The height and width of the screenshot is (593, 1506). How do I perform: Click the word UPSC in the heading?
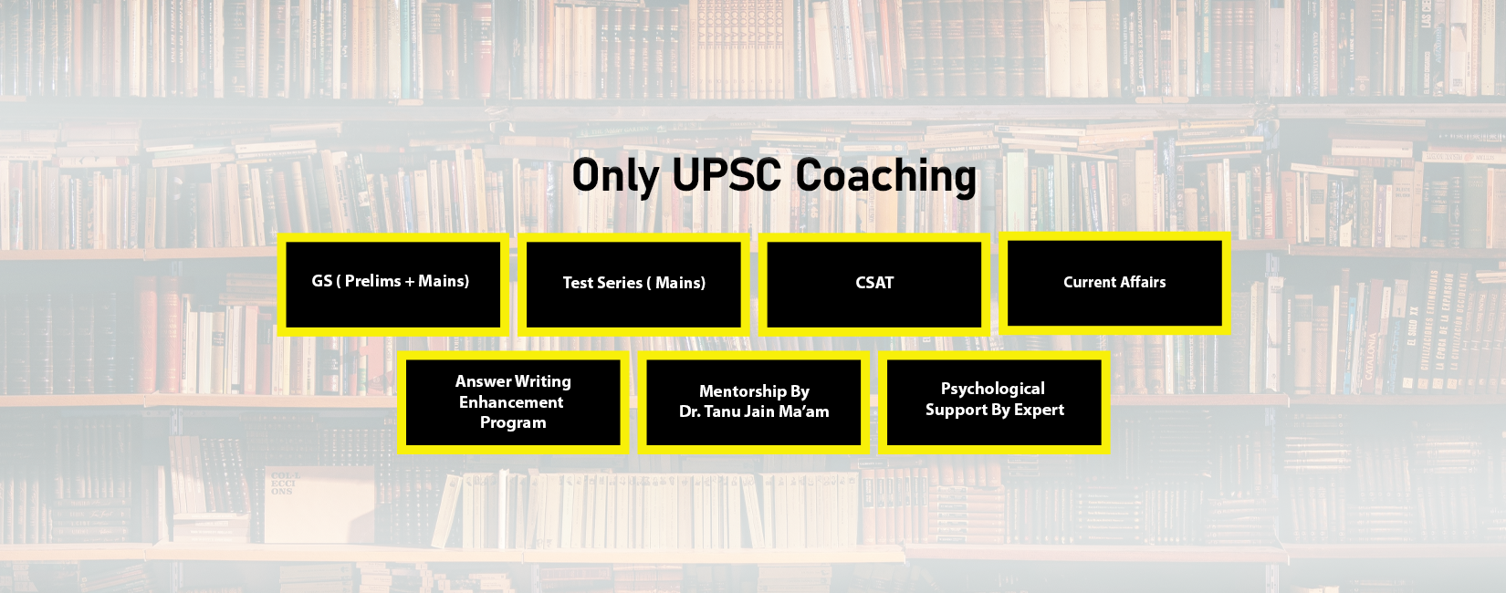pos(727,175)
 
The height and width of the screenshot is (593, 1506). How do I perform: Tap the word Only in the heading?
pos(615,175)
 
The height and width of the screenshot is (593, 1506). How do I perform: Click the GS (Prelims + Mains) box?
pos(392,284)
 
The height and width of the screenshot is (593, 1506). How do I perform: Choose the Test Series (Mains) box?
pos(633,284)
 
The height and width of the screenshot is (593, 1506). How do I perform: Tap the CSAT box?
pos(874,284)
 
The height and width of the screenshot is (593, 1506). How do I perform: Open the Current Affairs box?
pos(1114,283)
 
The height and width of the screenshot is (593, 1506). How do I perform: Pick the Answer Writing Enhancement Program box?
pos(513,402)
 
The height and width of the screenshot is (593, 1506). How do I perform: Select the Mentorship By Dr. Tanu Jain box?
pos(754,402)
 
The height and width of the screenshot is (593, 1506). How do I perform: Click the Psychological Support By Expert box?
pos(994,402)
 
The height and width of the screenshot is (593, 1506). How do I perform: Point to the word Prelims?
pos(372,281)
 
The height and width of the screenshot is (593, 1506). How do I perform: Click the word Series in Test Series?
pos(621,283)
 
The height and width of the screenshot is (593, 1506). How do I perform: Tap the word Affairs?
pos(1144,282)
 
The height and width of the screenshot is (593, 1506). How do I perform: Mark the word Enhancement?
pos(511,402)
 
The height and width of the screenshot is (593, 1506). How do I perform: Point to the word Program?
pos(513,423)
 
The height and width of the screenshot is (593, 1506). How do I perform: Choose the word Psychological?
pos(993,390)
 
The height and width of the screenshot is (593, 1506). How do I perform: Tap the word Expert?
pos(1039,410)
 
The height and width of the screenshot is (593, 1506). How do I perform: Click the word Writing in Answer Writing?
pos(543,381)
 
